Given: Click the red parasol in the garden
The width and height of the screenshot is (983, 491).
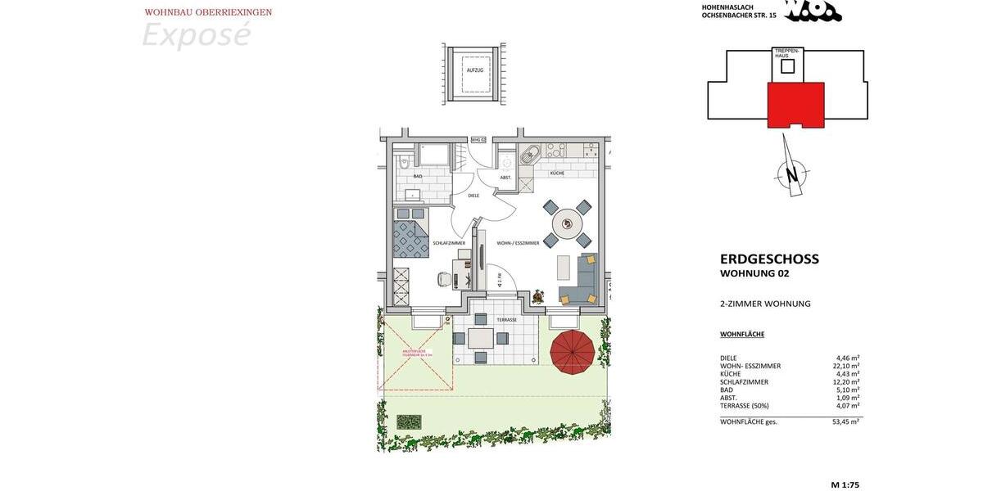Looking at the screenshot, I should (573, 352).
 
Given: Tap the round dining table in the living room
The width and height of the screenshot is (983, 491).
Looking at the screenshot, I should (567, 223).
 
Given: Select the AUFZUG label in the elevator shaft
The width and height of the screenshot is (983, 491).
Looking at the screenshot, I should (475, 71).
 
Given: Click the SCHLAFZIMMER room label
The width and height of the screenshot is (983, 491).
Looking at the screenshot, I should (449, 243).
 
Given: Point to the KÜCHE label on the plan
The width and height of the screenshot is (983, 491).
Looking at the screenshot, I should (557, 173).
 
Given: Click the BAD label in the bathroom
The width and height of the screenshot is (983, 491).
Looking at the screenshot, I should (418, 176).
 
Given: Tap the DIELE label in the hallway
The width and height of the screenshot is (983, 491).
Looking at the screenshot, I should (473, 196).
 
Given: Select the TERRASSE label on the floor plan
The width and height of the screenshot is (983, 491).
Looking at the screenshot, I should (505, 319).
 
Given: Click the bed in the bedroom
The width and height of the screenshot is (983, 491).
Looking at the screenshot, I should (410, 234).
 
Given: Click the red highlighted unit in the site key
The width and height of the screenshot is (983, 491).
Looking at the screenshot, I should (795, 104).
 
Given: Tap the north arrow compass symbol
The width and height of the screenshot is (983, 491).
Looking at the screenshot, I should (791, 173).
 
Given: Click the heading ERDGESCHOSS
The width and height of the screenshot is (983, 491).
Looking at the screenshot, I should (769, 259).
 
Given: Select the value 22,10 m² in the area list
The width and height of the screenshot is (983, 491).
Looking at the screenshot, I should (845, 366).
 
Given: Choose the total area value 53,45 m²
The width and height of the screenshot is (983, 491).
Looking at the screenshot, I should (845, 421).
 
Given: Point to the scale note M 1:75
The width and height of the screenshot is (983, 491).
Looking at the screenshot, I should (845, 485).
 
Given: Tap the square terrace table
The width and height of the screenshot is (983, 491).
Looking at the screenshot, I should (481, 338).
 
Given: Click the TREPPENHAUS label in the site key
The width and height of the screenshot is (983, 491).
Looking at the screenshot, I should (787, 52).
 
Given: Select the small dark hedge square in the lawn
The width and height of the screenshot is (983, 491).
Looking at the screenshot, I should (409, 421).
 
